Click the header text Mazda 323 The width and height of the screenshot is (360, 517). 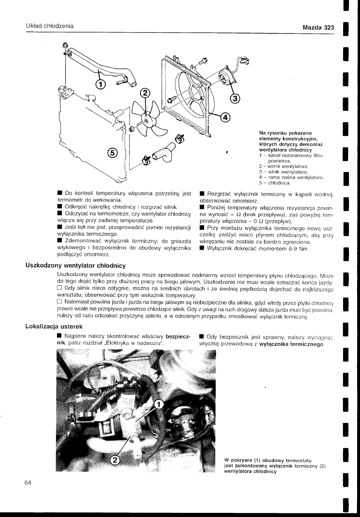318,28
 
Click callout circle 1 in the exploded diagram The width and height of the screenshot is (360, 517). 100,85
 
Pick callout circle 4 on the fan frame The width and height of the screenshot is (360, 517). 225,118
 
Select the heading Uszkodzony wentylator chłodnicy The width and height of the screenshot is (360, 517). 76,265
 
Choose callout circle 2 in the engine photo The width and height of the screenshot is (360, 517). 116,460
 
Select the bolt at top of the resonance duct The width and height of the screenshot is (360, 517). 65,45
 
